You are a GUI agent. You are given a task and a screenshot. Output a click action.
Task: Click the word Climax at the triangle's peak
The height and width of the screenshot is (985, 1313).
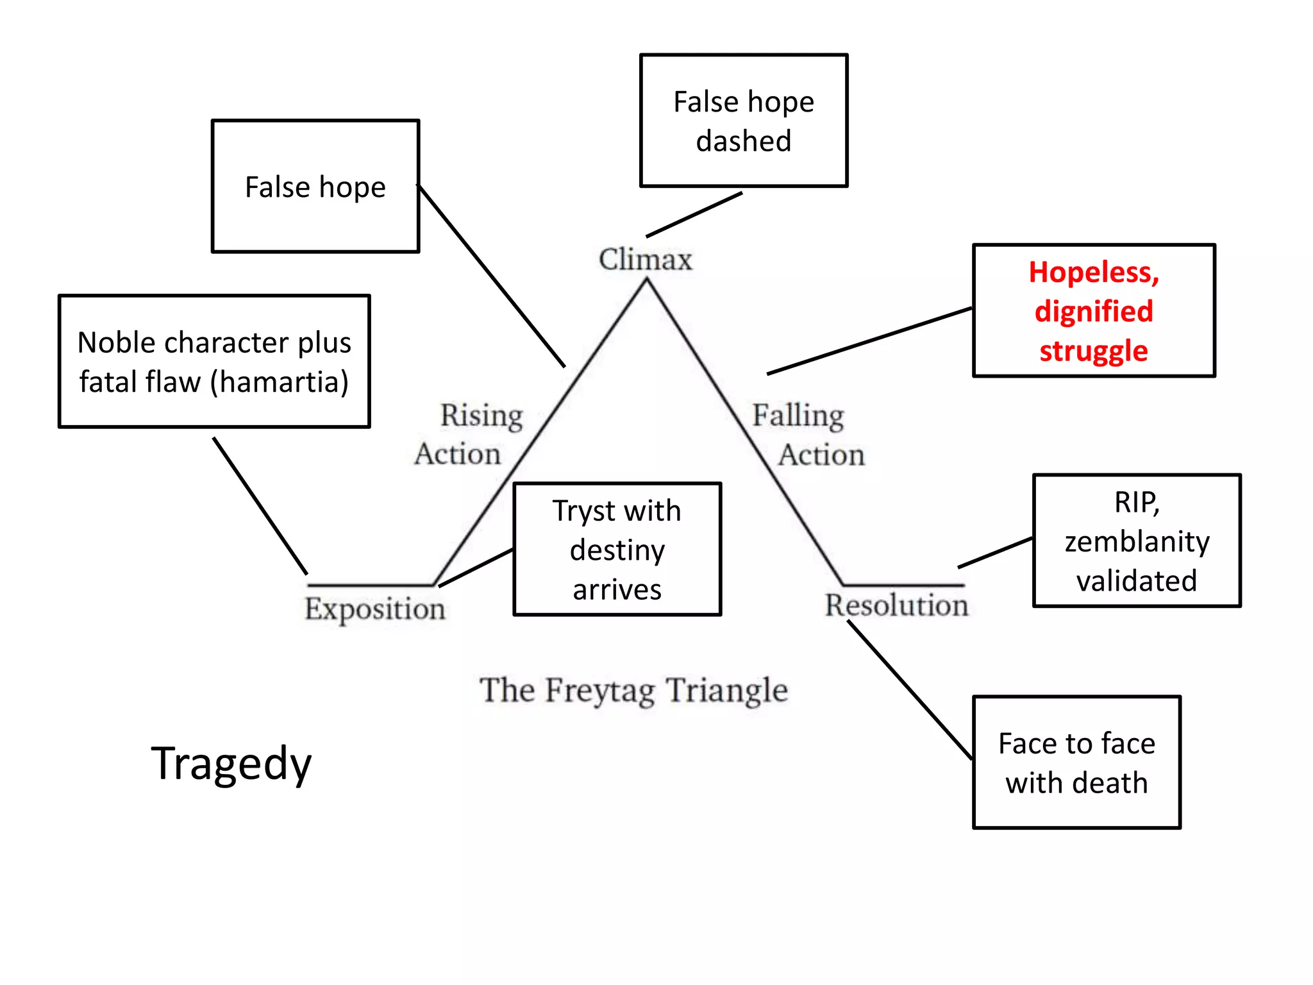tap(646, 260)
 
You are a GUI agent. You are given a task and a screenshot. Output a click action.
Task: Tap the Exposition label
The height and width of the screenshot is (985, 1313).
tap(374, 609)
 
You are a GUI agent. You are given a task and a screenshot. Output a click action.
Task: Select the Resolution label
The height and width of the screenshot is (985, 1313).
tap(896, 605)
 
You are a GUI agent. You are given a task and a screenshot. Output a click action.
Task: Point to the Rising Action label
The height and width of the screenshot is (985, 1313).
tap(469, 434)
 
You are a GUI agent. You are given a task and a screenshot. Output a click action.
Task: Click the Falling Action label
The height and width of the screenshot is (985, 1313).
tap(808, 435)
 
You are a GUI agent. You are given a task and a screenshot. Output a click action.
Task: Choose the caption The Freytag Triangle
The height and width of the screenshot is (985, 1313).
tap(633, 691)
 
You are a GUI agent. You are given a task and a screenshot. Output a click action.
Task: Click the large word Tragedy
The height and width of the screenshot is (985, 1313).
tap(231, 764)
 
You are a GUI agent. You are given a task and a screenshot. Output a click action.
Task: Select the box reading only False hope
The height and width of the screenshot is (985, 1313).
tap(315, 187)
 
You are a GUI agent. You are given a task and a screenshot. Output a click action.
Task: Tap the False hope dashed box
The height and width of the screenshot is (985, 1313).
tap(744, 121)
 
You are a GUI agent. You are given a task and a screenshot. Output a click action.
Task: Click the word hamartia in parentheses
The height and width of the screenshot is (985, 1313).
tap(279, 382)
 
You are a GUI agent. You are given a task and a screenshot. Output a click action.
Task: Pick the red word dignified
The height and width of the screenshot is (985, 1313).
tap(1094, 312)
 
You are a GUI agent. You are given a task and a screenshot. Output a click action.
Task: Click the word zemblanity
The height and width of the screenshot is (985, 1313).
tap(1137, 542)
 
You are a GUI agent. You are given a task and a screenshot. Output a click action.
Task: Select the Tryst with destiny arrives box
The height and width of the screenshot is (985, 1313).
tap(617, 550)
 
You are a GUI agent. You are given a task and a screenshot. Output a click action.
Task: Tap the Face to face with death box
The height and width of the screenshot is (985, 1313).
tap(1076, 762)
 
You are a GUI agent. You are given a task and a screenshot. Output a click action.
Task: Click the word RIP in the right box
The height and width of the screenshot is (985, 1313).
tap(1135, 502)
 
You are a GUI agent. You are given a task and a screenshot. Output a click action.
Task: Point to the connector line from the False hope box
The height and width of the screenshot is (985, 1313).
tap(491, 276)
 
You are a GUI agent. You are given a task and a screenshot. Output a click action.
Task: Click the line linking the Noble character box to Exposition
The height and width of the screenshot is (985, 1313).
tap(260, 506)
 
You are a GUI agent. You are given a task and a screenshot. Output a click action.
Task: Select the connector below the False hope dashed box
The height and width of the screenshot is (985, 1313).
tap(694, 214)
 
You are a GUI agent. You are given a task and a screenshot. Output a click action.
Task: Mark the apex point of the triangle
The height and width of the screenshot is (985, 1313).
tap(646, 281)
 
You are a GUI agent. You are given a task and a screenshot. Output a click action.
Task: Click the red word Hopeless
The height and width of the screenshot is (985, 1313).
tap(1093, 273)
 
